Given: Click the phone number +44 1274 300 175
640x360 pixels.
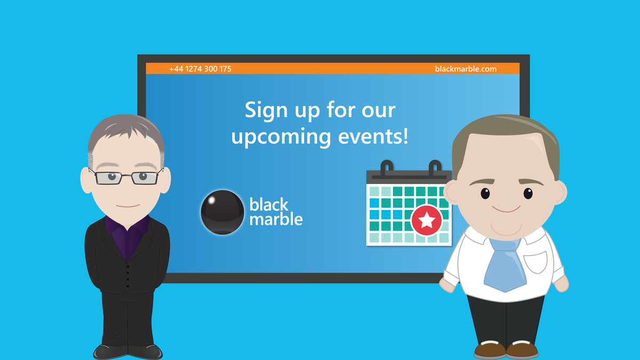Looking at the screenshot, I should pos(200,69).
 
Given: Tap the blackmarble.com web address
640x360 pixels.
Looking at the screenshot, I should pos(466,69).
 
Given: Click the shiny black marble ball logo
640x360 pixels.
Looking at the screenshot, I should pos(222,212).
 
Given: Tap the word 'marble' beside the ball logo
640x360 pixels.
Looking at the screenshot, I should pos(276,219).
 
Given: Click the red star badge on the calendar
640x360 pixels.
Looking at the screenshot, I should pos(426,220).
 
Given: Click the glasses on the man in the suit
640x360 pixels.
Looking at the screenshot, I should pos(127,177).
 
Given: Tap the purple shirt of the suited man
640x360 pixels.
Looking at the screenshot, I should pos(127,235).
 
